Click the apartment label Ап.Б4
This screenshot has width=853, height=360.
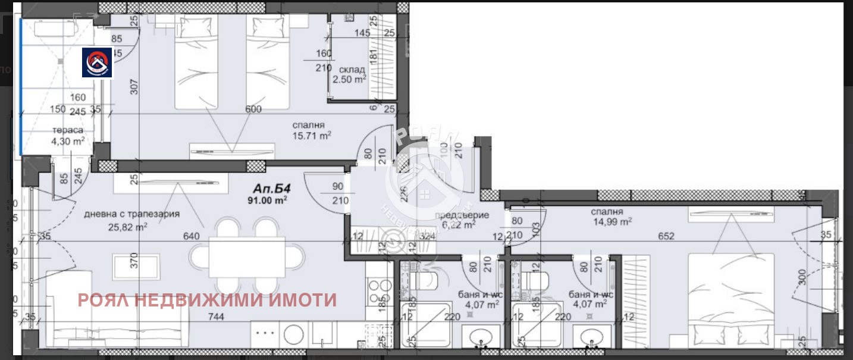268,190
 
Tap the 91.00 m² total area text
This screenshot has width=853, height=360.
268,201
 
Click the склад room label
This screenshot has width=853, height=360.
349,69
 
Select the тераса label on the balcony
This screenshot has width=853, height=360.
67,130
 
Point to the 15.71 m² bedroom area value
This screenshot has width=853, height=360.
312,136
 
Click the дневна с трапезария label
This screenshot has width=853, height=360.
132,214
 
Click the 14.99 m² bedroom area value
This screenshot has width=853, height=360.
611,222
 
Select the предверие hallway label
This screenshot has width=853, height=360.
453,215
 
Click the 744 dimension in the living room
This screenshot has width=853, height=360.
216,317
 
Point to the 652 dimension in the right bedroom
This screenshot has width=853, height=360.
666,236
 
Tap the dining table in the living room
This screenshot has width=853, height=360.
246,256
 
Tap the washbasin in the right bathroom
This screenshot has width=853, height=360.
591,337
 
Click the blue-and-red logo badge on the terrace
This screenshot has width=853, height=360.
98,62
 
